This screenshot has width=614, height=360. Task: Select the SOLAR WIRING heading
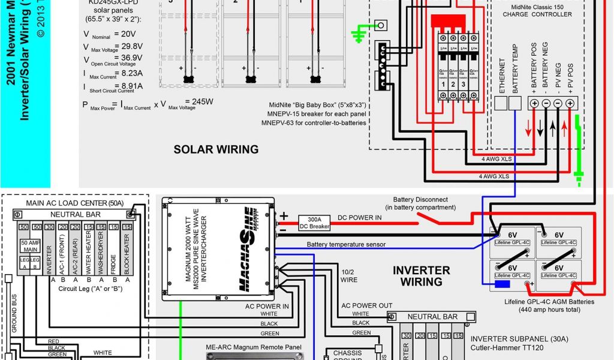point(216,149)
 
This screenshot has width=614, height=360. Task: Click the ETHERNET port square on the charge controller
point(500,103)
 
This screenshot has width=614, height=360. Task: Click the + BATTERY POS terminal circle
point(534,103)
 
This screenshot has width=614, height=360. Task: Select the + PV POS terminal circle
point(570,103)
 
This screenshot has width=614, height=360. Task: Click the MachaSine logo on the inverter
point(248,249)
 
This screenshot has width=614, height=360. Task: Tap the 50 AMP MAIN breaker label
point(31,247)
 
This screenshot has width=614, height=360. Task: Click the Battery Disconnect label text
point(420,203)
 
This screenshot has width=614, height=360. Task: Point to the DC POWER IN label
point(359,217)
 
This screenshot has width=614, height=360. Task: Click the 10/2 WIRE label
point(350,275)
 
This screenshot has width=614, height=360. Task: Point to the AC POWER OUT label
point(367,305)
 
